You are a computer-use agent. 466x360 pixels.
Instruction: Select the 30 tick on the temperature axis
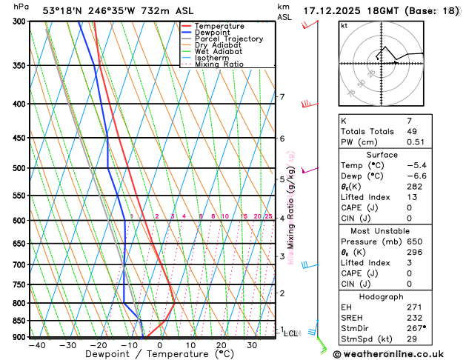coord(252,345)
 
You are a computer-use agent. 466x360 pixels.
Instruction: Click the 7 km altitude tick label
coord(282,97)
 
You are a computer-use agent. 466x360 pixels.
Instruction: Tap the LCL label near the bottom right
coord(291,334)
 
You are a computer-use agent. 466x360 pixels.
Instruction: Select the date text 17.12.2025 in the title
coord(334,10)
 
